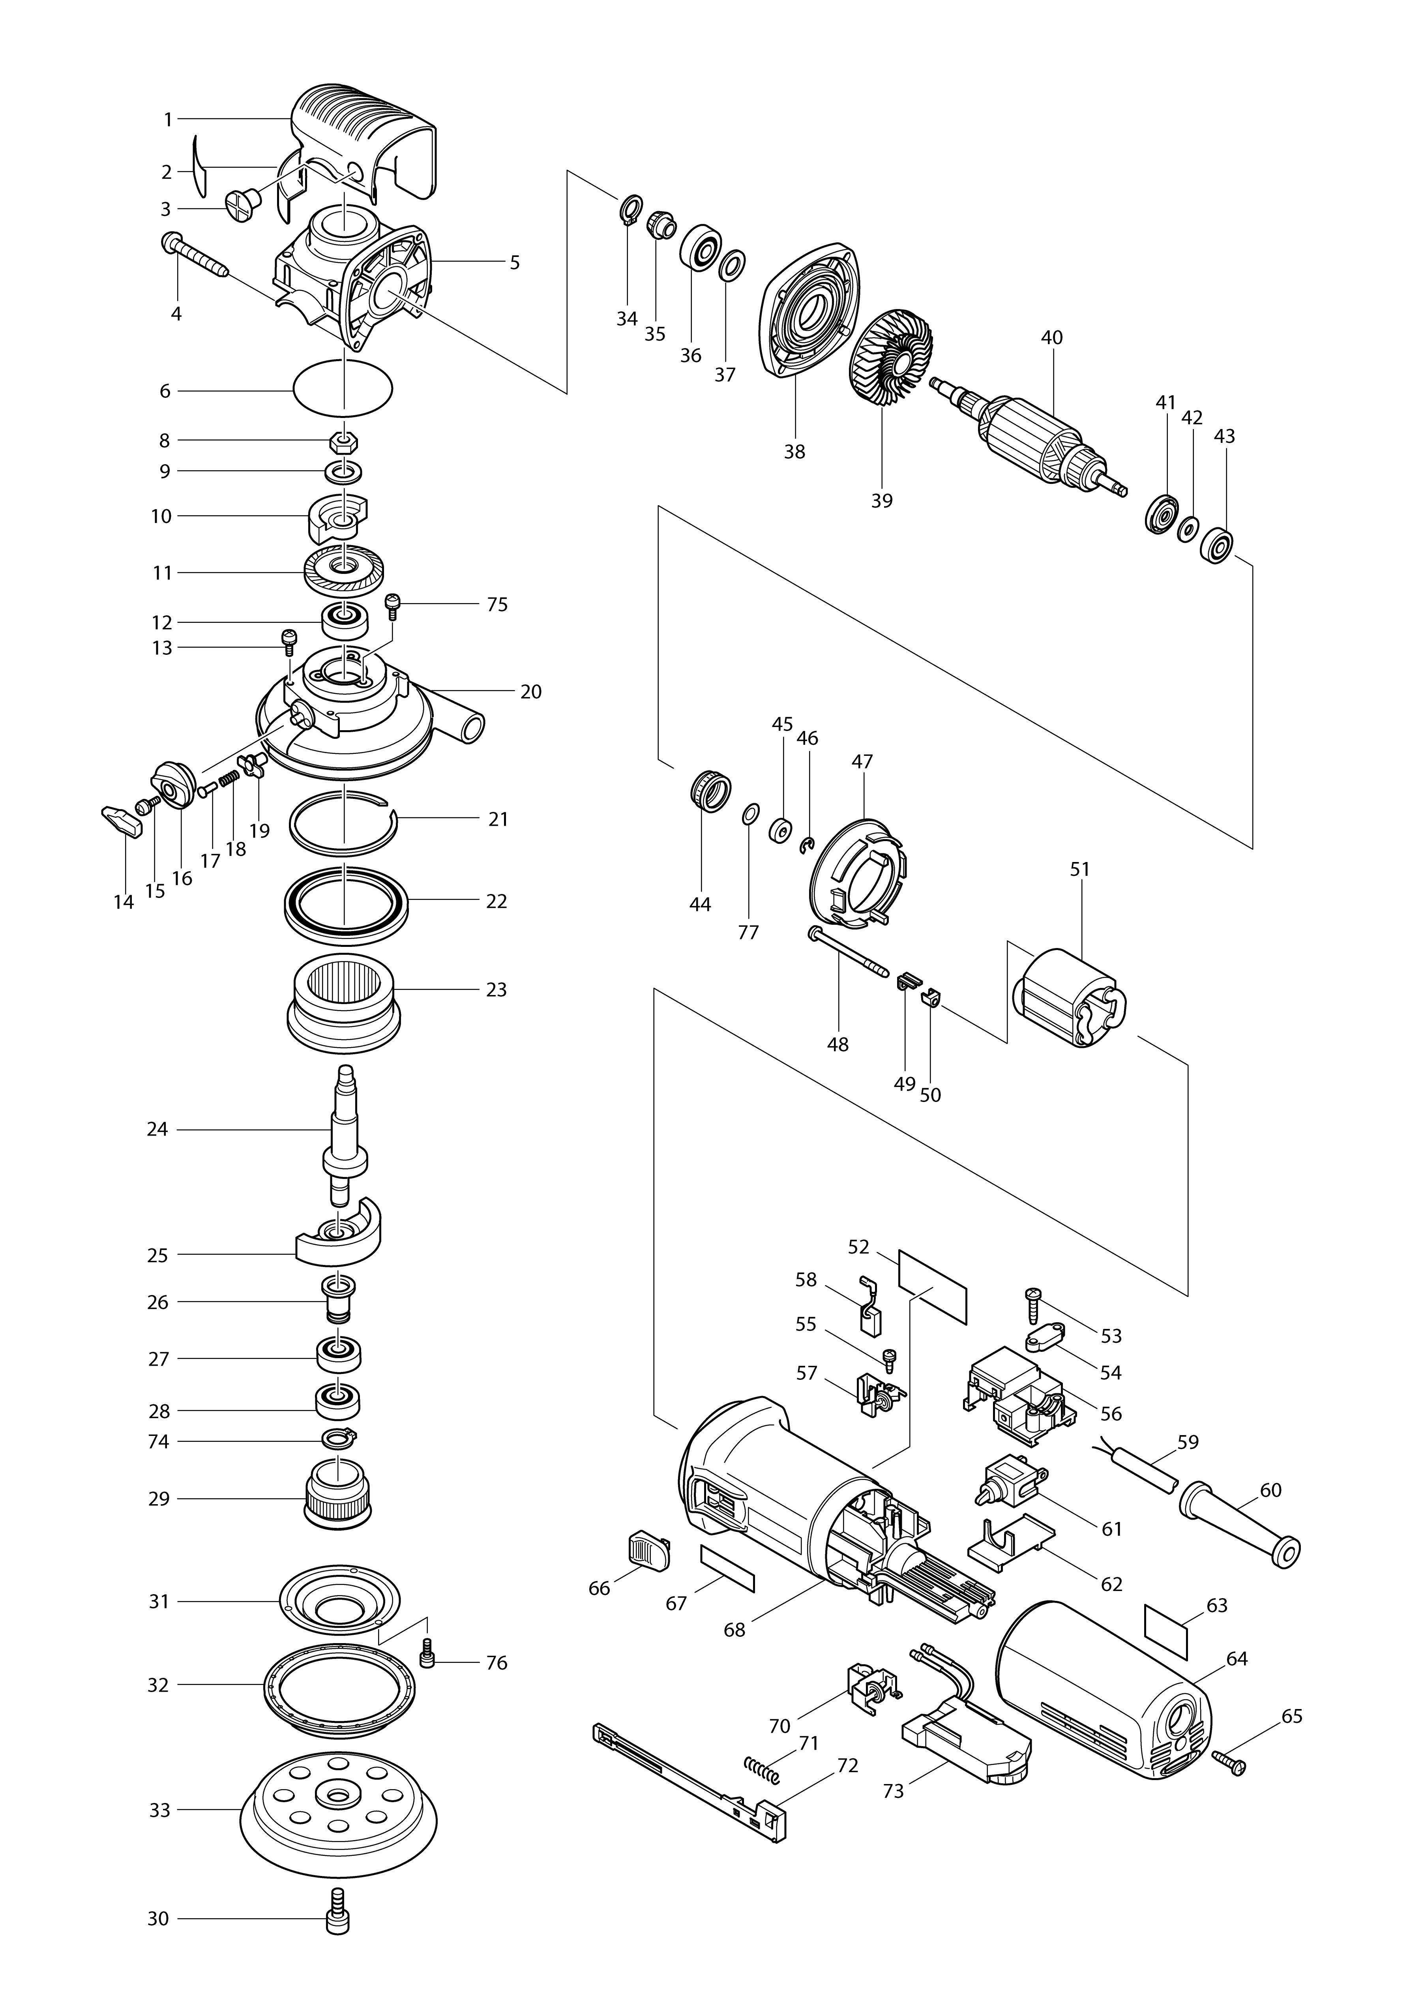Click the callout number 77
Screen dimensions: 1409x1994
point(748,933)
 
